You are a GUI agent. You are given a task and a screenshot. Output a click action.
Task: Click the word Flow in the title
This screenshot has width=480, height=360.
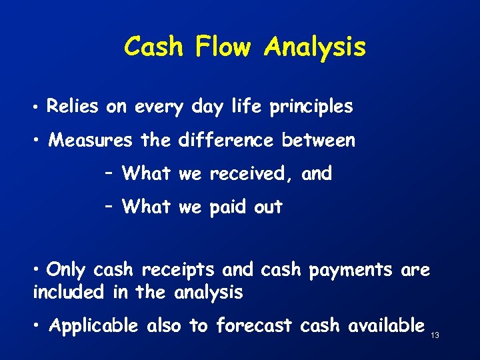tap(223, 47)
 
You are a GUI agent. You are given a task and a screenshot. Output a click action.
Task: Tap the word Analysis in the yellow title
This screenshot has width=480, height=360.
tap(315, 47)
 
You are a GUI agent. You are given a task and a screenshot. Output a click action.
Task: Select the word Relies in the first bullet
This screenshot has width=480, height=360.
tap(73, 106)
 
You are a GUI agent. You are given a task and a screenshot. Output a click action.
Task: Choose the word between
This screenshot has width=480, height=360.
tap(318, 141)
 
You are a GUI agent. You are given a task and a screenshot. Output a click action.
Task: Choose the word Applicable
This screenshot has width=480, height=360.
tap(94, 326)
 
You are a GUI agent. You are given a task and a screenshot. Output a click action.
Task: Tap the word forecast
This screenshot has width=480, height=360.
tap(254, 325)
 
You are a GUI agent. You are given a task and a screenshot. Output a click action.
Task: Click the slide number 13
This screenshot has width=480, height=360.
tap(435, 335)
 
